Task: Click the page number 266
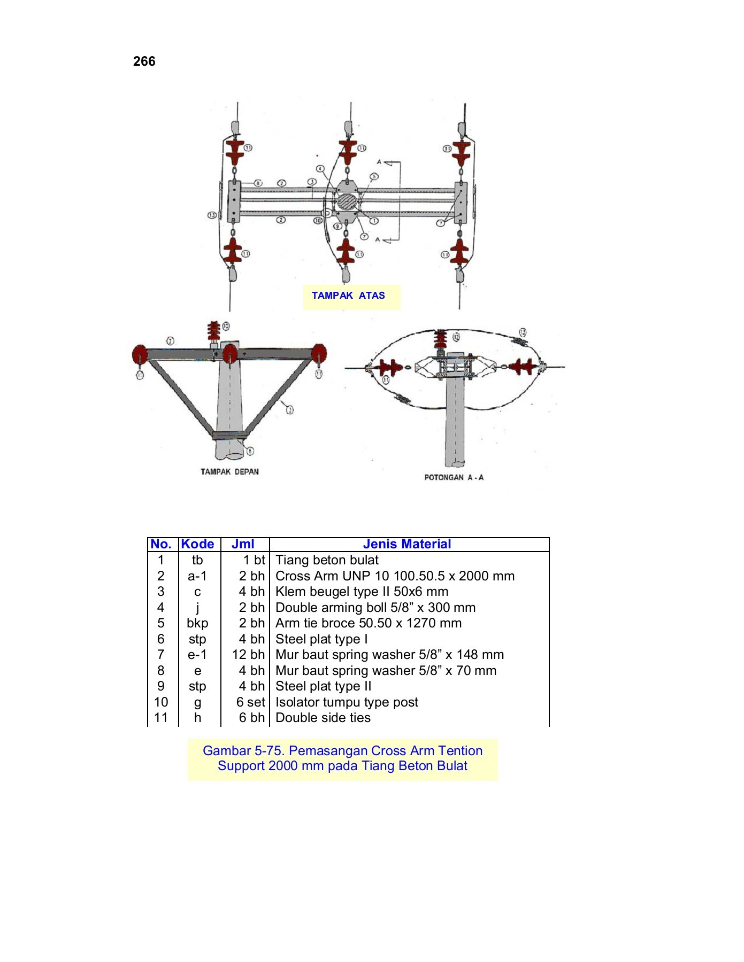[x=144, y=61]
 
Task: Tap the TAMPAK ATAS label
[x=348, y=296]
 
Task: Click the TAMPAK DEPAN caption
[x=229, y=472]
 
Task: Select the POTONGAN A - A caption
[x=454, y=477]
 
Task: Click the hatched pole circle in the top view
[x=347, y=202]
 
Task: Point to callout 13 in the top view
[x=212, y=215]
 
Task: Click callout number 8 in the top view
[x=258, y=183]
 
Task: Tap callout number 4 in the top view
[x=320, y=169]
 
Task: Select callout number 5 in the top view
[x=374, y=176]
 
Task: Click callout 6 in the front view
[x=250, y=452]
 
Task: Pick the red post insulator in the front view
[x=213, y=331]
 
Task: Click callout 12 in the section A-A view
[x=456, y=337]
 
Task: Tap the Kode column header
[x=197, y=544]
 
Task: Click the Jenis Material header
[x=406, y=544]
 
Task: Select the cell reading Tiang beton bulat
[x=327, y=560]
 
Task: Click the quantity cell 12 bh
[x=248, y=655]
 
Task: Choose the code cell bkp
[x=197, y=623]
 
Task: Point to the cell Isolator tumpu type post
[x=347, y=702]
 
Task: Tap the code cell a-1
[x=197, y=576]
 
